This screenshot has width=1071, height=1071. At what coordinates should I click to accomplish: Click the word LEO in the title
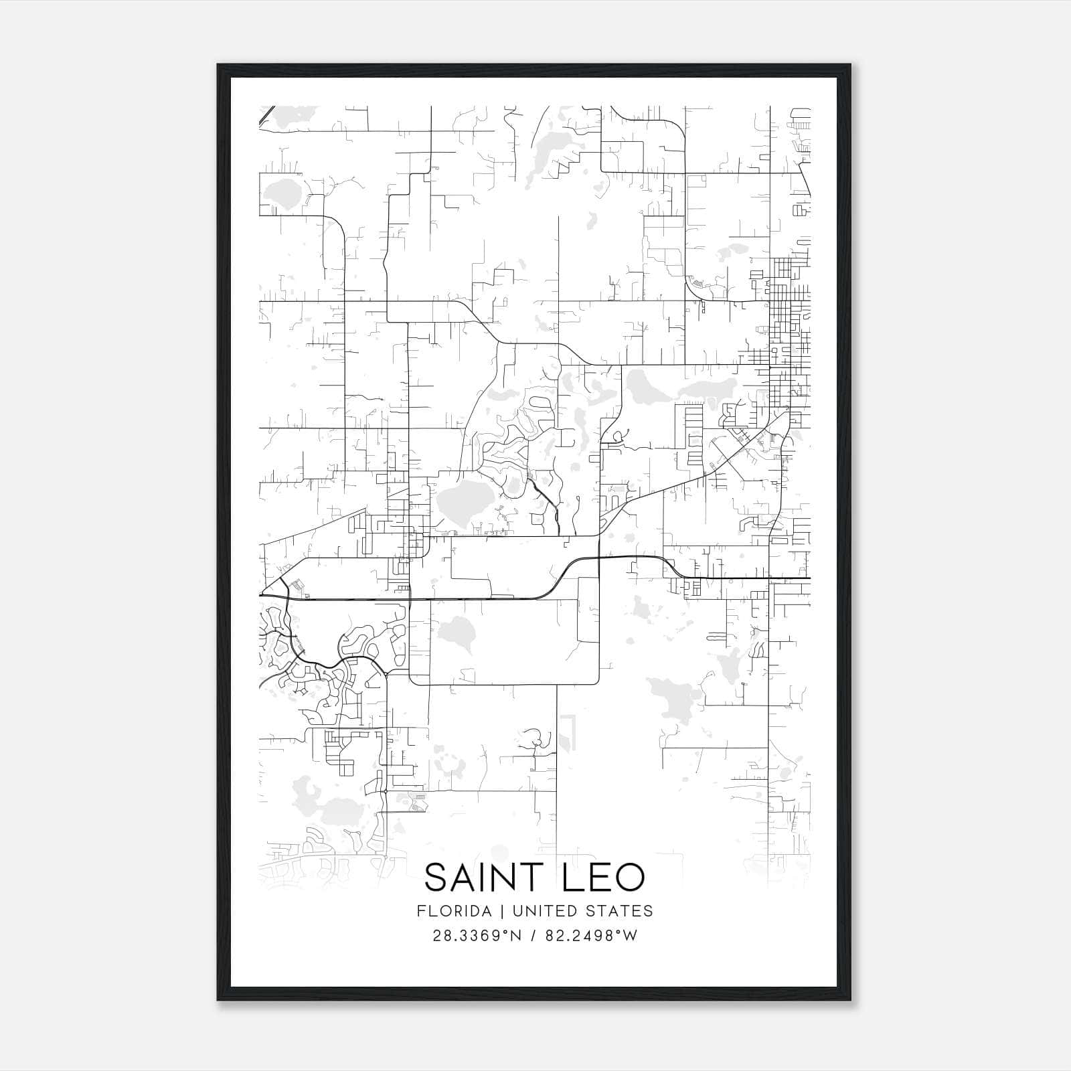pos(603,878)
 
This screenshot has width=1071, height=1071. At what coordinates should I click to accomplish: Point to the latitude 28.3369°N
pos(476,936)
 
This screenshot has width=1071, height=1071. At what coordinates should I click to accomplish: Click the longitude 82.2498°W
pos(592,936)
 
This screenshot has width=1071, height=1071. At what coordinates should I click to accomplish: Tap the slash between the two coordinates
pos(532,936)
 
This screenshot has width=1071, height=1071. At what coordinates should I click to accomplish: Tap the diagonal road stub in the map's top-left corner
pos(266,114)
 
